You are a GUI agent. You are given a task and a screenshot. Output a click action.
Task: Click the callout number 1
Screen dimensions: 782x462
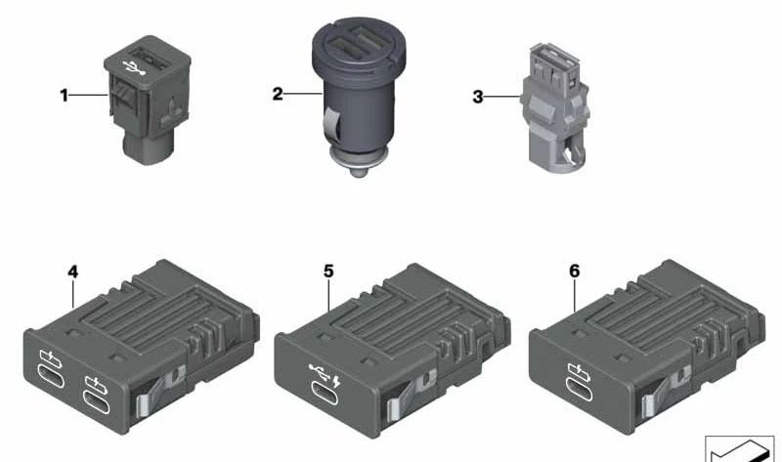(x=64, y=95)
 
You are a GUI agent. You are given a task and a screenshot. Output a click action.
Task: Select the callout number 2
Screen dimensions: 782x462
(x=278, y=93)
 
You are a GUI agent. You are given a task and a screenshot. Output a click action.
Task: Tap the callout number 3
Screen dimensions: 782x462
(x=478, y=97)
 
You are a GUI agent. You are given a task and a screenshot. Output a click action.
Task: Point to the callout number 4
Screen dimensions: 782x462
(x=72, y=273)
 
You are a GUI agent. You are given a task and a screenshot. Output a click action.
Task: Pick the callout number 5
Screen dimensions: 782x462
(x=328, y=272)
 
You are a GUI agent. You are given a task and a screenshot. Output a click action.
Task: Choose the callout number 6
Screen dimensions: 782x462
(x=575, y=272)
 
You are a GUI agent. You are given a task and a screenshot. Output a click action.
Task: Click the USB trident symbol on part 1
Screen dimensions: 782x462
(x=134, y=67)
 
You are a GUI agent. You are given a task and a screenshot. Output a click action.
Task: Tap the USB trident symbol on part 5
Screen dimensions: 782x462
(x=319, y=372)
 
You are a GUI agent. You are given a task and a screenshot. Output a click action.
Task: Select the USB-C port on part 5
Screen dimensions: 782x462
(x=325, y=393)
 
